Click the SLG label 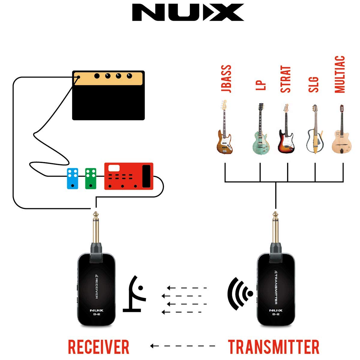(x=313, y=85)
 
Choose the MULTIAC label (x=340, y=74)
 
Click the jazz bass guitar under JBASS (x=224, y=132)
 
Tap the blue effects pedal (x=73, y=178)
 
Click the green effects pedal (x=91, y=178)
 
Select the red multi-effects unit (x=129, y=176)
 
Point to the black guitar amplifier (x=108, y=95)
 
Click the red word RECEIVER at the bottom (x=98, y=347)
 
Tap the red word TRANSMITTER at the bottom (x=274, y=347)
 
